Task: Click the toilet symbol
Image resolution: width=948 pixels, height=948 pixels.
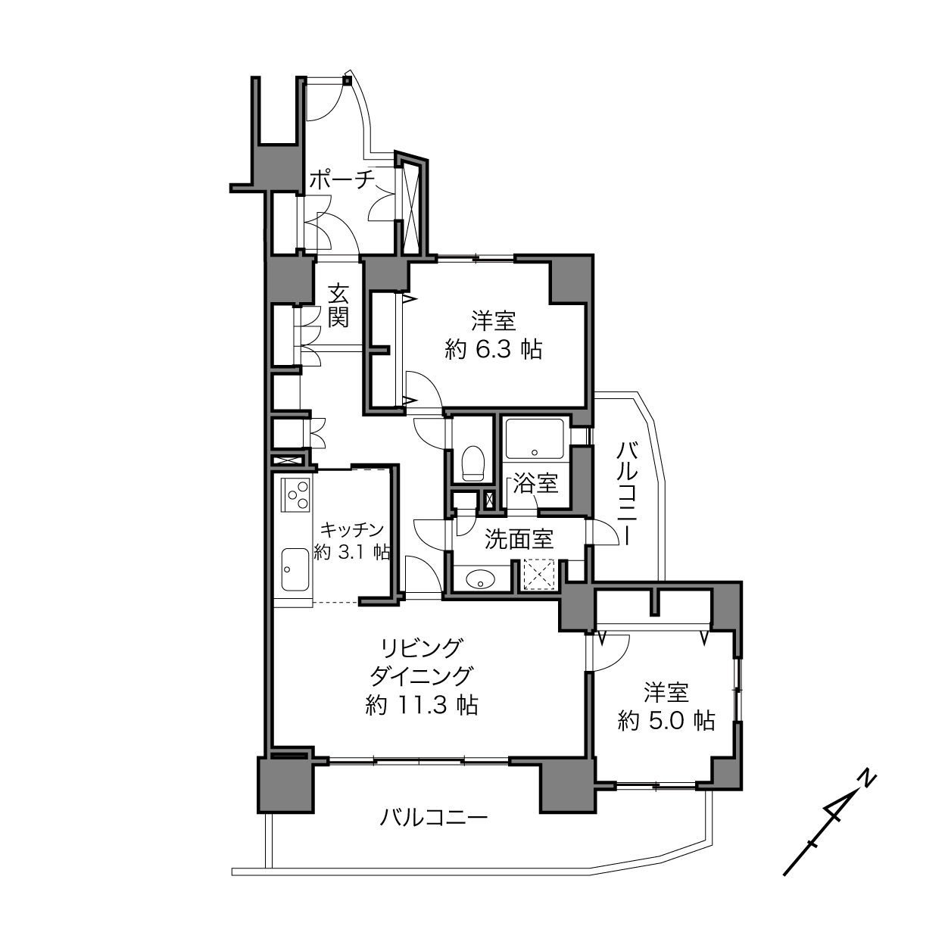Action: (472, 463)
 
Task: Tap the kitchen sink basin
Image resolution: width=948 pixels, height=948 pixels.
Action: (295, 569)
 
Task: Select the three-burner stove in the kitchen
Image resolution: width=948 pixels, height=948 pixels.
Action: (295, 494)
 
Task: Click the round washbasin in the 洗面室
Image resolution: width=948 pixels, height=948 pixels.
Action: (480, 580)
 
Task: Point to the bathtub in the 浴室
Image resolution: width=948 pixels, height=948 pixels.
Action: (535, 439)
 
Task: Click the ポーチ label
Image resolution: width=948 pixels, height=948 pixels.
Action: (342, 179)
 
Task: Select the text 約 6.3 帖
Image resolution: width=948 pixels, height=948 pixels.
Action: (494, 351)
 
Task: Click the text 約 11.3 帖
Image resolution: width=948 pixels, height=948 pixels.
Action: (422, 706)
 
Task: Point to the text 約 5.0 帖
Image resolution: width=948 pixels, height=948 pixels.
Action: (666, 721)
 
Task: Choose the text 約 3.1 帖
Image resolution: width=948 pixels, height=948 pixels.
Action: (351, 553)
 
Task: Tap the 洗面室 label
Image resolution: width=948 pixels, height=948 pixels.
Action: (519, 539)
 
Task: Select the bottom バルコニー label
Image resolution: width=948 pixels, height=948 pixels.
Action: (433, 818)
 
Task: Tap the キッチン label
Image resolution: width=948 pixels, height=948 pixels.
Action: (352, 530)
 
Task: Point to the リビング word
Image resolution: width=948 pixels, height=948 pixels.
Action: (422, 648)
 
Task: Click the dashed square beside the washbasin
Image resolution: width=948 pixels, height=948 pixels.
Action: (538, 574)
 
